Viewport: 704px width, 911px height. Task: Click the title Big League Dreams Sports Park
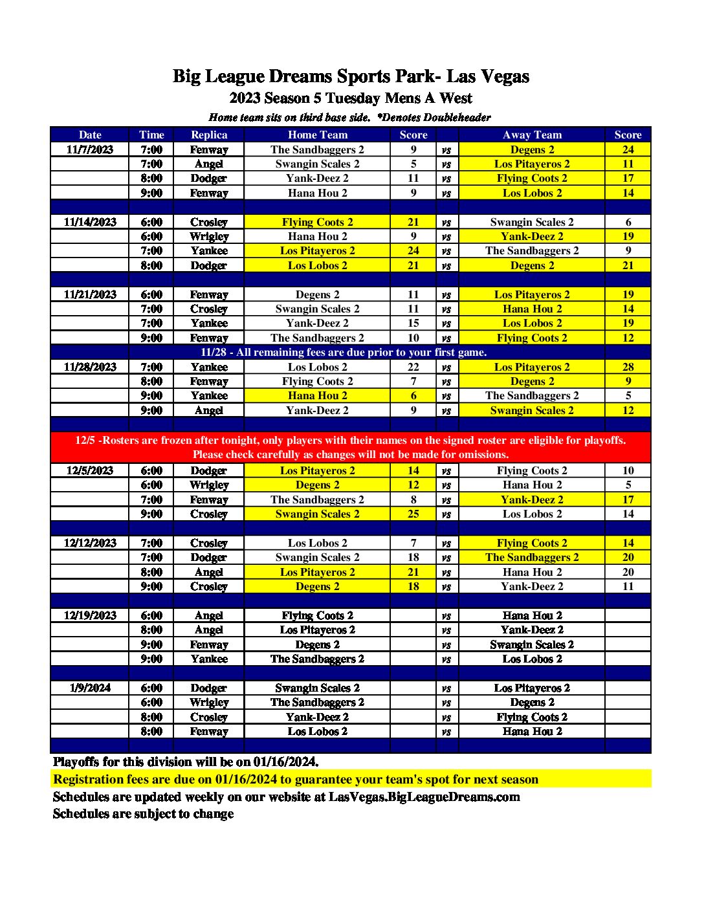351,76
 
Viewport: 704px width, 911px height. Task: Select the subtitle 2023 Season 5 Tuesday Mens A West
351,98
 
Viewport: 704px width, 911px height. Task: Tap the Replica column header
209,135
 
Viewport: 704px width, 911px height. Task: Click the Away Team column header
532,135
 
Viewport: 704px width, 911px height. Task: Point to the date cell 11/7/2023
90,149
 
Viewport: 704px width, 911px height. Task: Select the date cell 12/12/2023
90,543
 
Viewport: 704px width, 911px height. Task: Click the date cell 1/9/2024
90,688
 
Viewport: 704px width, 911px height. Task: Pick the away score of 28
628,367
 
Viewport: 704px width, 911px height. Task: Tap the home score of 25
413,514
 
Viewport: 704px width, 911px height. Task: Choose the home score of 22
413,367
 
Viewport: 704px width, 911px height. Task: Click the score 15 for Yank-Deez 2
413,323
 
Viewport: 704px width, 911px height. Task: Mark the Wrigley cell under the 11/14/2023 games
209,236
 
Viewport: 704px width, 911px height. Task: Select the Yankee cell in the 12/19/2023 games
209,659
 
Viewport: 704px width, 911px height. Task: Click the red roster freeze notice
351,447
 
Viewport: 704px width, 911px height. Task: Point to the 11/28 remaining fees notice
344,352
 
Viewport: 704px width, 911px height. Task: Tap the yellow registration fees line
296,779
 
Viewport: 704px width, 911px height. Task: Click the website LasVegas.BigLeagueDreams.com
424,796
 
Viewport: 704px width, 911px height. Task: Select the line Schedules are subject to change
143,813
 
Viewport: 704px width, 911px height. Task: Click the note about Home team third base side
289,117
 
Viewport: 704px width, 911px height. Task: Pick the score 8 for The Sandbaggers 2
413,499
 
